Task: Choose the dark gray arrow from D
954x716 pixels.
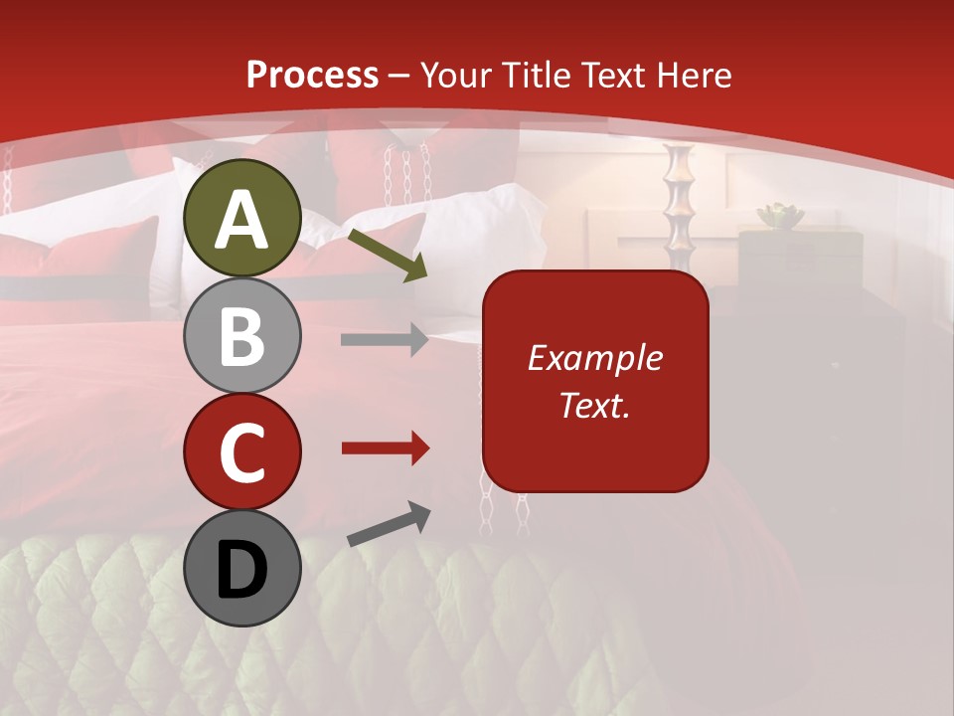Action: coord(389,524)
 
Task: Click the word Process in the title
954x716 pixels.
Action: coord(312,75)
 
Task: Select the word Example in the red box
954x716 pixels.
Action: coord(594,358)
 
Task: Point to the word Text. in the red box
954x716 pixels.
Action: coord(594,405)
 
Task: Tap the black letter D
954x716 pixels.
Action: coord(241,570)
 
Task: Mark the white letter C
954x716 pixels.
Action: coord(241,453)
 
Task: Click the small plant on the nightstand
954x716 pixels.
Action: coord(778,215)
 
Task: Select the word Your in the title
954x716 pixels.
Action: coord(456,75)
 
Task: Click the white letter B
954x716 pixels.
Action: coord(241,337)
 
